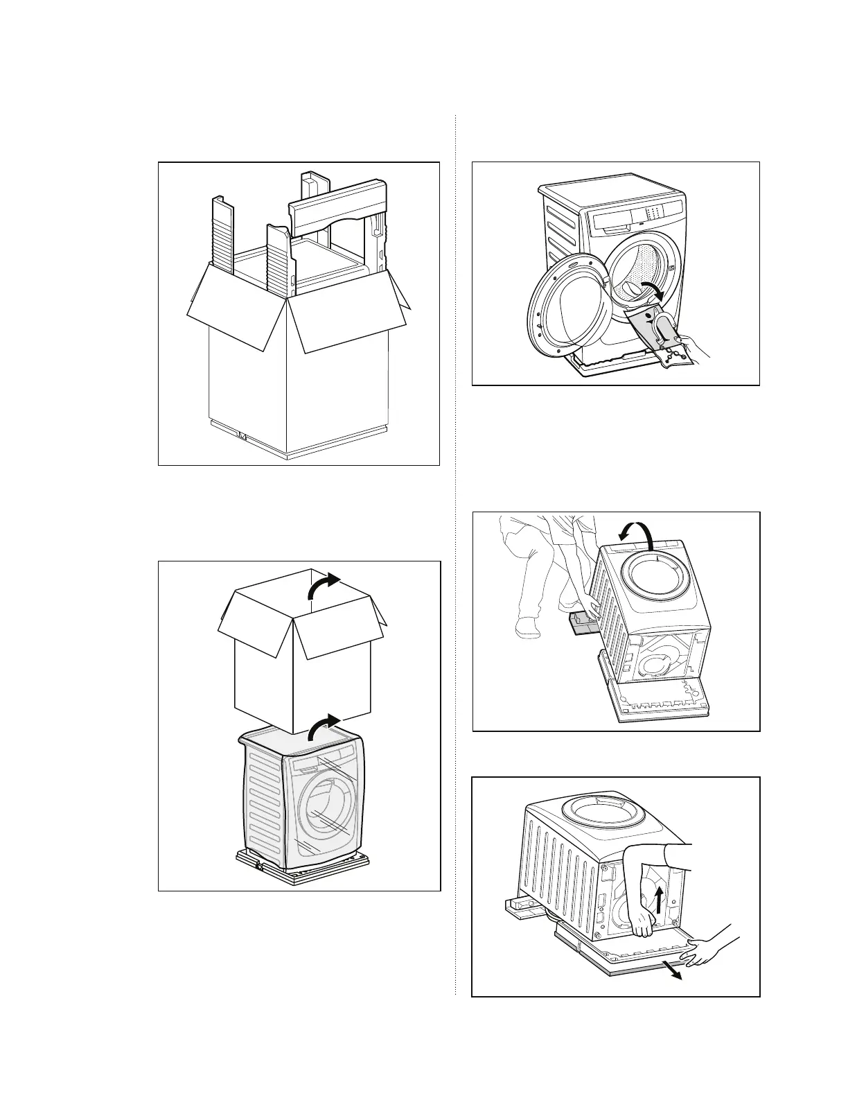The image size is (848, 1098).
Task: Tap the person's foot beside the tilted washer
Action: (528, 628)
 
